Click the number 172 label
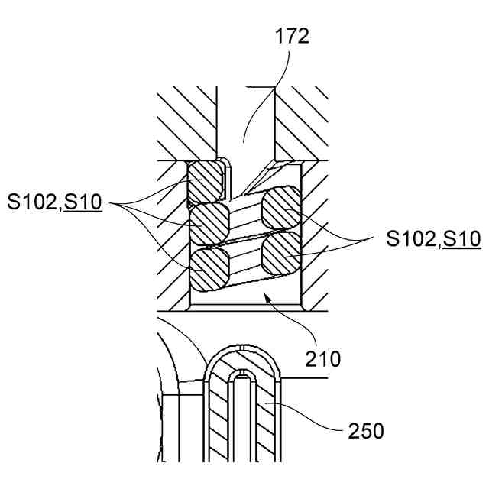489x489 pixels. pyautogui.click(x=292, y=36)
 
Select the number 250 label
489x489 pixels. pyautogui.click(x=365, y=431)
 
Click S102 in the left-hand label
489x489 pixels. pyautogui.click(x=34, y=202)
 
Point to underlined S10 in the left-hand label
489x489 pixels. pyautogui.click(x=83, y=202)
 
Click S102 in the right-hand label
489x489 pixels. pyautogui.click(x=413, y=239)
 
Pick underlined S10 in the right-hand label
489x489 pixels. pyautogui.click(x=461, y=239)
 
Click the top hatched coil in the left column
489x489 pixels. pyautogui.click(x=206, y=180)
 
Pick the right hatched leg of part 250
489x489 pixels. pyautogui.click(x=267, y=420)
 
